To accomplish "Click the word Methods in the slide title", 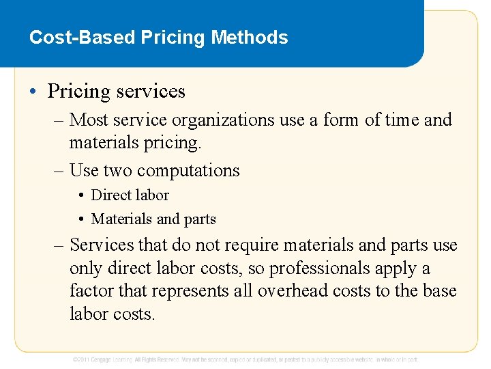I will (250, 37).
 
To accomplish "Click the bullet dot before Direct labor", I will (81, 195).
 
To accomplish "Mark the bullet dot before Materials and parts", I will (81, 220).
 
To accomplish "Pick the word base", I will (439, 291).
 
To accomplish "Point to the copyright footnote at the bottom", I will (245, 359).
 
